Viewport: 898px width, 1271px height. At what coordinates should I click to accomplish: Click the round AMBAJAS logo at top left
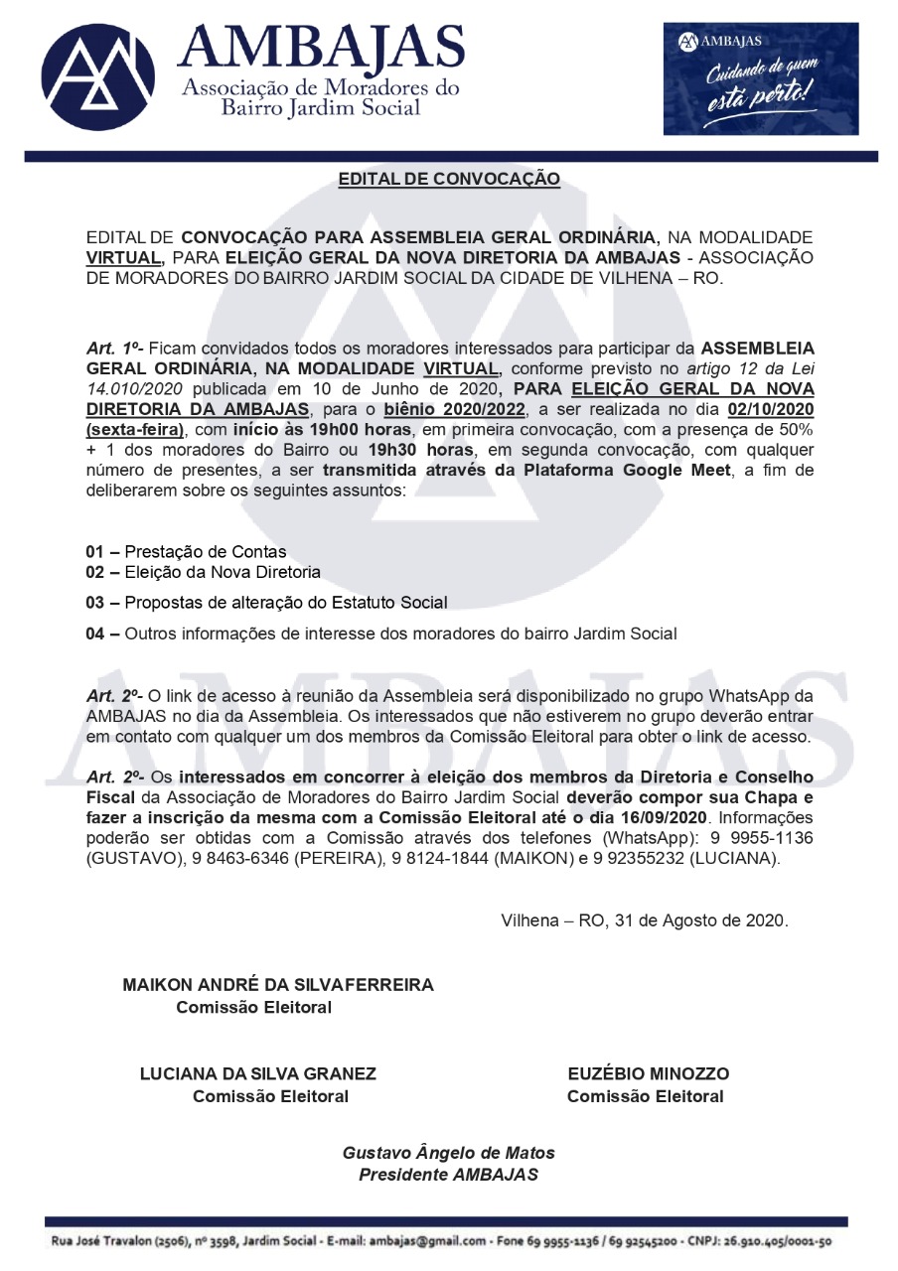[98, 77]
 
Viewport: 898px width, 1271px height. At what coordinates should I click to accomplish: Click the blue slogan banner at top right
[760, 78]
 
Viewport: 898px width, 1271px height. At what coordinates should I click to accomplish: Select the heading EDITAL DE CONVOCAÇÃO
[449, 180]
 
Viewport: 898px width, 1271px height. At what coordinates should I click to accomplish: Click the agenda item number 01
[95, 552]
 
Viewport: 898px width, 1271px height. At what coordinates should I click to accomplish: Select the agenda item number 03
[95, 603]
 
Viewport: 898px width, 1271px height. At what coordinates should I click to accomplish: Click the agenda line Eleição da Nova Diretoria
[223, 572]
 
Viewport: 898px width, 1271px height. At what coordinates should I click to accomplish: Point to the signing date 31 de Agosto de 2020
[700, 920]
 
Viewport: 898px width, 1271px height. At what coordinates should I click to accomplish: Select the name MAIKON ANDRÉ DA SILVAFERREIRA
[278, 985]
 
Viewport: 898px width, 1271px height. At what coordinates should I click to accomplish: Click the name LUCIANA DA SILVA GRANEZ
[258, 1073]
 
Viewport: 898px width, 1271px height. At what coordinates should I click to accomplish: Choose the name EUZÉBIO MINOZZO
[649, 1073]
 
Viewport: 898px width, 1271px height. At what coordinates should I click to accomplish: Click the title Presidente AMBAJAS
[448, 1175]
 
